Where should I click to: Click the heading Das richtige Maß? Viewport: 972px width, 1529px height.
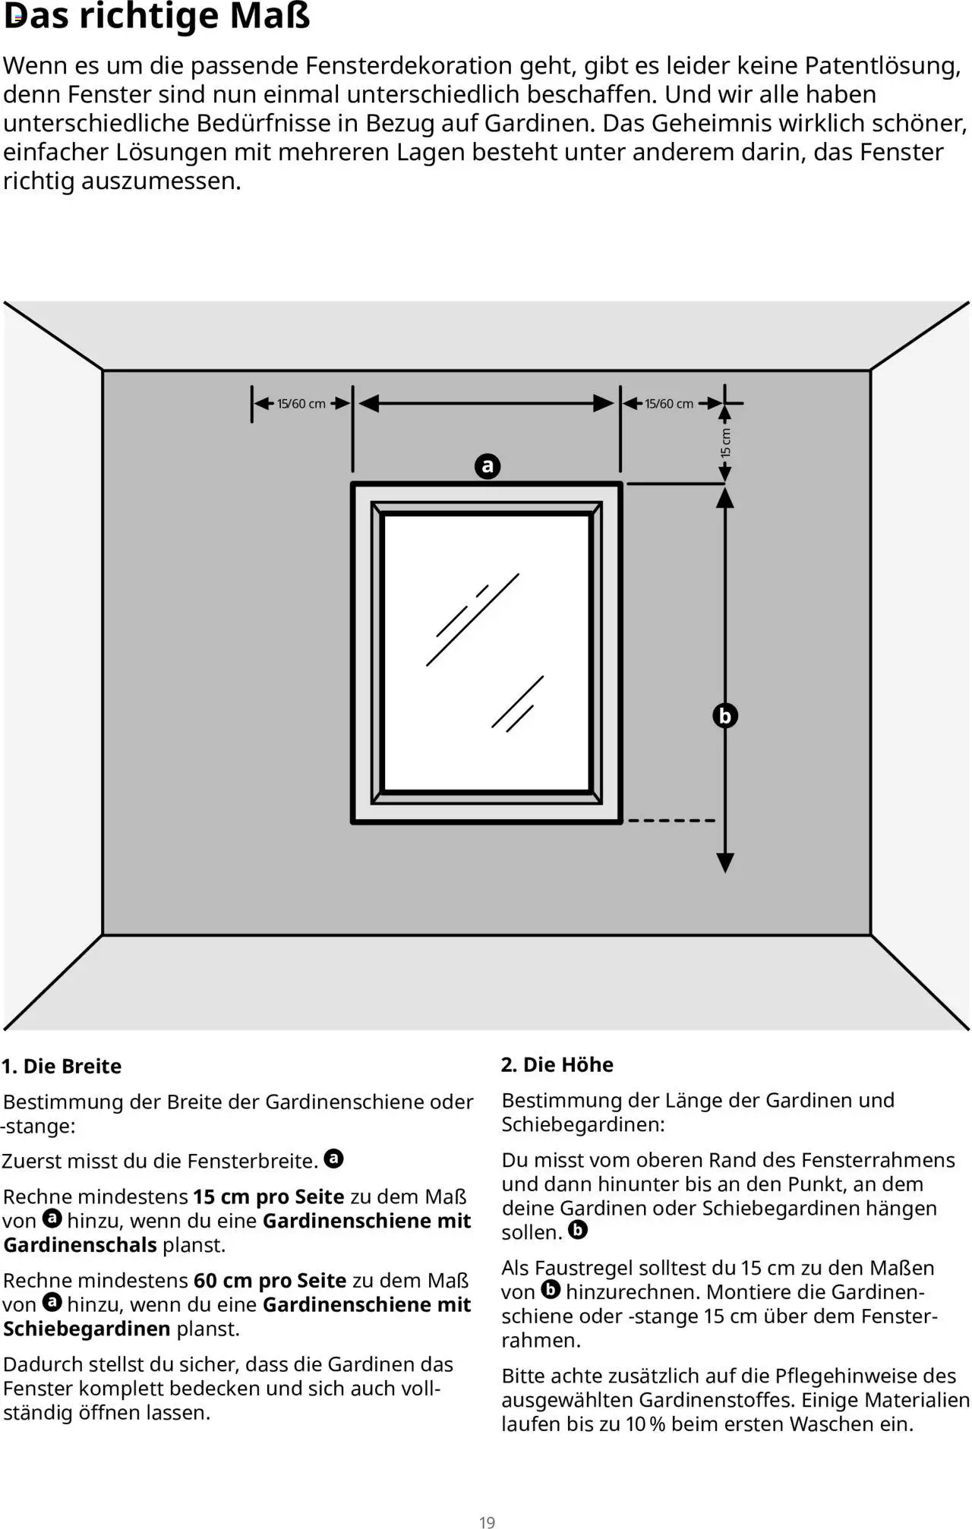pos(157,16)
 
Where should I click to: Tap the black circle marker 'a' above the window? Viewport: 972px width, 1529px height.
pos(488,465)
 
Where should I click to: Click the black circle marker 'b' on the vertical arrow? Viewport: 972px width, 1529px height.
pos(725,715)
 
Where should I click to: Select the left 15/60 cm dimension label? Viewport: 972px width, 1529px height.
pos(301,404)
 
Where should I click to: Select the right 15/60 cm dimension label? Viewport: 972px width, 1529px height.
pos(669,404)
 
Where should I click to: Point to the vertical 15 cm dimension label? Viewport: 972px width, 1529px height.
pos(726,443)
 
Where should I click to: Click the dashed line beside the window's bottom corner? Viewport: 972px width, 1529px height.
pos(671,821)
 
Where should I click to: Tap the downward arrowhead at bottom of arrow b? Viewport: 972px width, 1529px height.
pos(725,862)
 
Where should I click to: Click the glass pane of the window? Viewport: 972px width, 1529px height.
pos(487,653)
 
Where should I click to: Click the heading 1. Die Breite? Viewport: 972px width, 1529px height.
pos(62,1066)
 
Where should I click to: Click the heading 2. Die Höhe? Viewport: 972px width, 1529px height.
pos(557,1064)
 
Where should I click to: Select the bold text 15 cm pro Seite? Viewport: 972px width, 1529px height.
pos(269,1196)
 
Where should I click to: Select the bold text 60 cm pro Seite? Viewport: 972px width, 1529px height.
pos(270,1280)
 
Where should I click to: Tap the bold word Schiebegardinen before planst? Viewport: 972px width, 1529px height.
pos(87,1329)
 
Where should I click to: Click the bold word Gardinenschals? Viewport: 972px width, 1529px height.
pos(80,1245)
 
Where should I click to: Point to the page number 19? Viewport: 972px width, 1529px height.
pos(487,1521)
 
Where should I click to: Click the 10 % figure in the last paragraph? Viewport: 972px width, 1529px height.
pos(645,1424)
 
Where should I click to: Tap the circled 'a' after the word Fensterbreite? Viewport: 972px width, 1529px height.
pos(333,1159)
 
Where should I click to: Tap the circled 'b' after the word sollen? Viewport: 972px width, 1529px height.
pos(578,1231)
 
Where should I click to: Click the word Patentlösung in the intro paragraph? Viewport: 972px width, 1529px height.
pos(882,66)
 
